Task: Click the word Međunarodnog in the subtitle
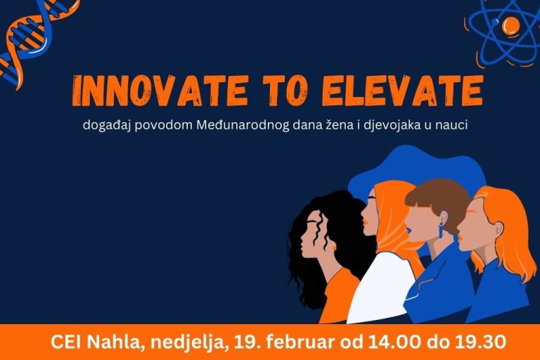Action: pos(243,125)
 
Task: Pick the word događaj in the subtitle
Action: pos(107,125)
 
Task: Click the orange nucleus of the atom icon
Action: pos(510,25)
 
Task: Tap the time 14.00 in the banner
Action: pos(394,342)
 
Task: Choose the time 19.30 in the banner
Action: pos(480,342)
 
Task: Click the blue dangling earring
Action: pos(441,230)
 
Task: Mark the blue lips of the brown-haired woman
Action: pos(408,228)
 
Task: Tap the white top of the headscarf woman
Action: pos(380,288)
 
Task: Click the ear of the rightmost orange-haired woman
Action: pos(498,229)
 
